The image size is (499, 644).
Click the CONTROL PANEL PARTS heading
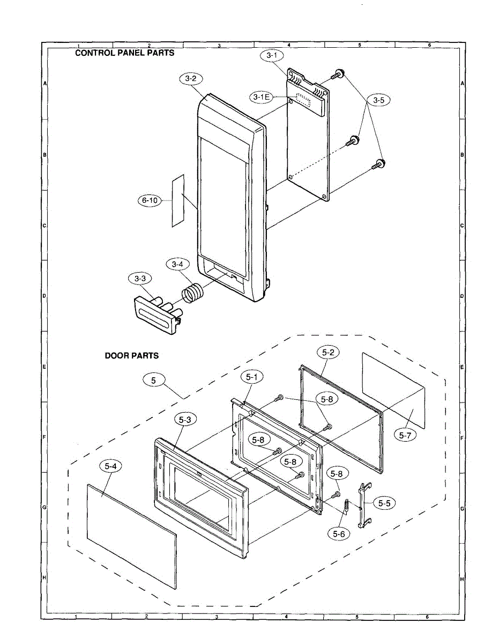click(x=124, y=53)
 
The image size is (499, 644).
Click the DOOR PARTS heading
click(x=131, y=355)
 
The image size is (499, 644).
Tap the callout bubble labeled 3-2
click(x=191, y=79)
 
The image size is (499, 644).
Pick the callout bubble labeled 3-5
click(x=378, y=100)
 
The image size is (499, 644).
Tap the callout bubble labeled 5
click(x=154, y=380)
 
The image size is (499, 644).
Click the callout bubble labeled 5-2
click(x=328, y=352)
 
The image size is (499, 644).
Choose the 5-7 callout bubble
click(x=405, y=435)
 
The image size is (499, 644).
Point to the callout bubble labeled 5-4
click(x=111, y=467)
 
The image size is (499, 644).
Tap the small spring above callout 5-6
click(x=346, y=506)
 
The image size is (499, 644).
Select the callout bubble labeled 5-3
click(x=184, y=420)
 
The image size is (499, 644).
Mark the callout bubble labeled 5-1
click(x=252, y=377)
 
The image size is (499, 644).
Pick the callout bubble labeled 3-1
click(x=272, y=55)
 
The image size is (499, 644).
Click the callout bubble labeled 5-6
click(x=339, y=533)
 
